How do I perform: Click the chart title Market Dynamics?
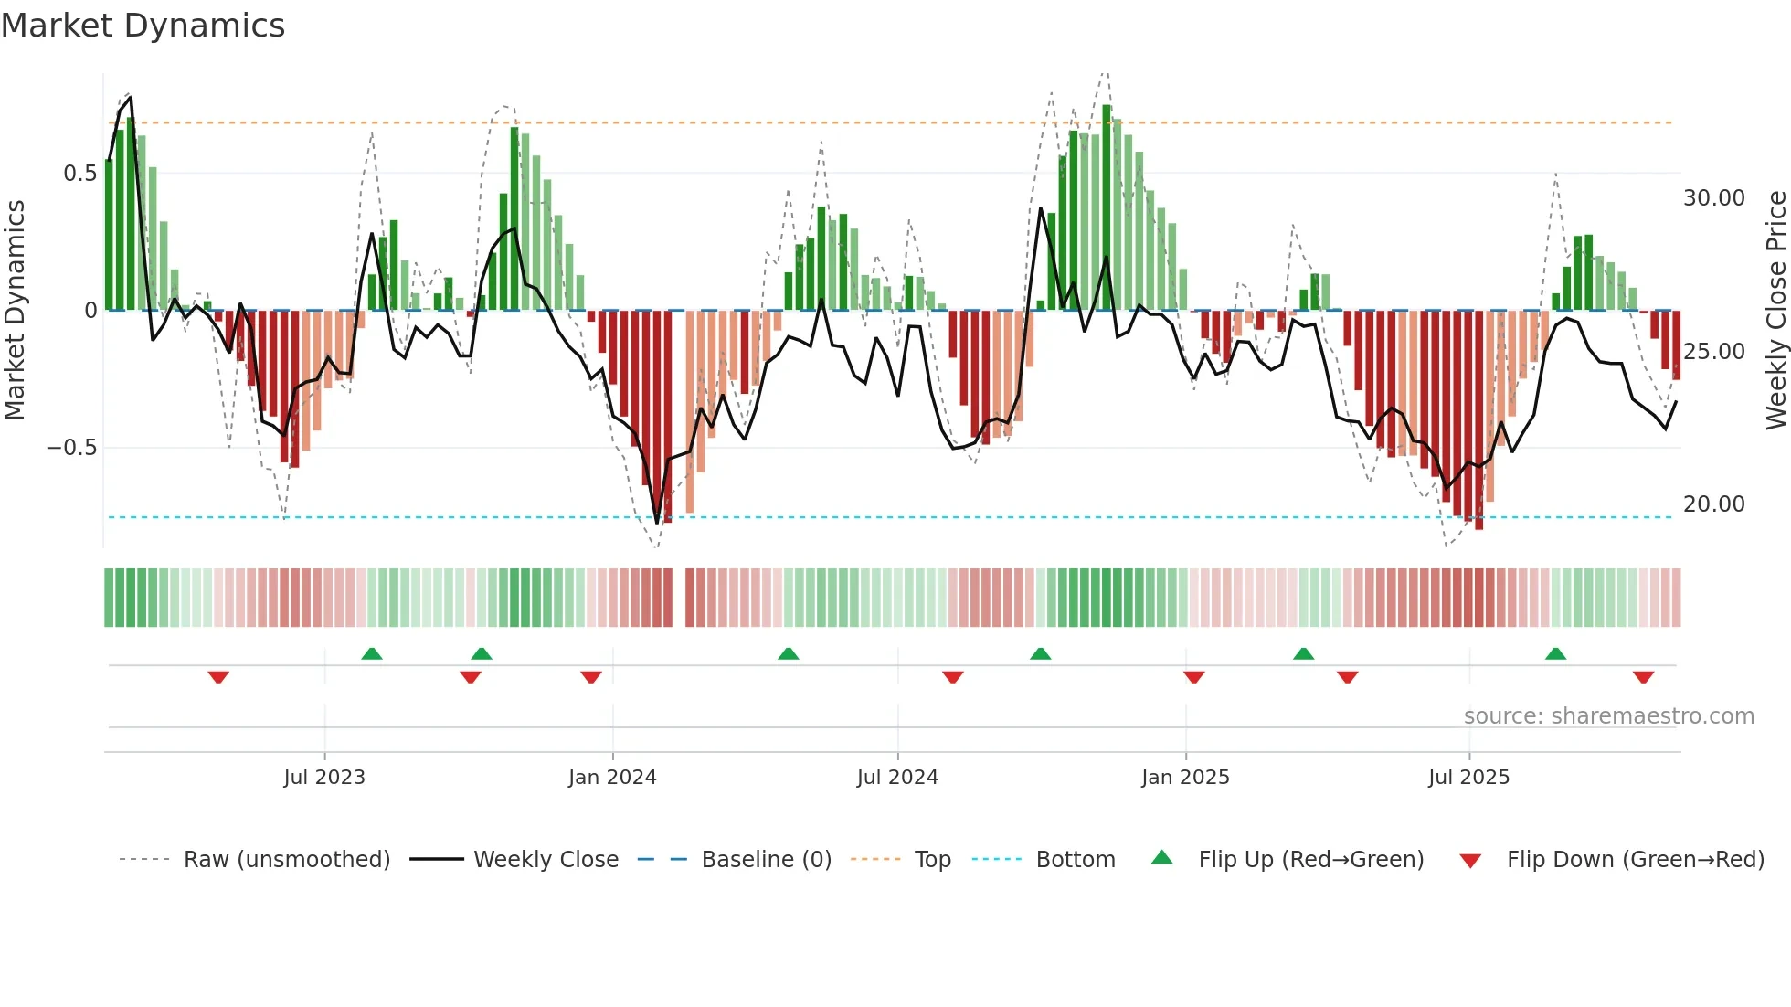[x=143, y=26]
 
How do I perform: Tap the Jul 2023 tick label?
[x=324, y=778]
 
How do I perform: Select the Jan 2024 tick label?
[x=612, y=778]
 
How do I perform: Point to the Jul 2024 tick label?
[x=897, y=778]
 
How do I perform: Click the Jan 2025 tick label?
[x=1185, y=778]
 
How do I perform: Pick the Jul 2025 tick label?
[x=1469, y=778]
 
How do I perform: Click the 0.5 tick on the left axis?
[x=79, y=174]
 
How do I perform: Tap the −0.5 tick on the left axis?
[x=72, y=448]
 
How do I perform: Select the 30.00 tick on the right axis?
[x=1714, y=198]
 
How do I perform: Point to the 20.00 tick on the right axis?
[x=1714, y=504]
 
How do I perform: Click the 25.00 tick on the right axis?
[x=1714, y=352]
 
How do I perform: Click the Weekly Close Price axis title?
[x=1775, y=311]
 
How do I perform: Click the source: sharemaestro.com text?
[x=1608, y=716]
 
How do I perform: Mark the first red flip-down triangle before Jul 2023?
[x=218, y=677]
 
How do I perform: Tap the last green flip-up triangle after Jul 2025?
[x=1555, y=653]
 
